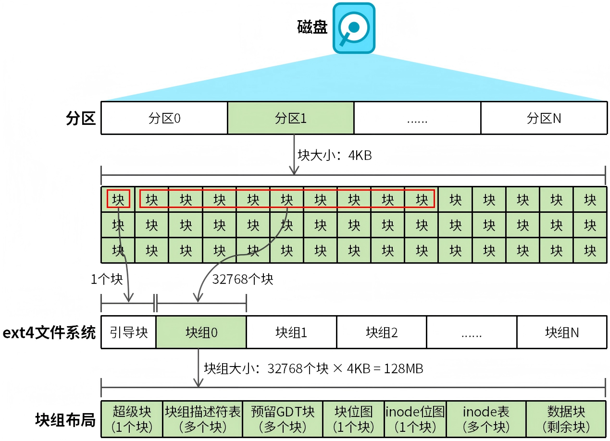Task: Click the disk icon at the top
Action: click(354, 28)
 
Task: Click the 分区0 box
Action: click(164, 118)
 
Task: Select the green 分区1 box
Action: click(290, 118)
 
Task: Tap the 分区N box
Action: click(543, 118)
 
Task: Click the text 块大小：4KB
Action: click(335, 155)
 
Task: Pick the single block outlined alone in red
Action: click(118, 199)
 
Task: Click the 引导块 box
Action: click(128, 332)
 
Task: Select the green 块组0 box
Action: click(201, 332)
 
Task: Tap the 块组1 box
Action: click(291, 332)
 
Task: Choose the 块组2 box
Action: click(381, 332)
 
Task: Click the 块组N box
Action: click(561, 332)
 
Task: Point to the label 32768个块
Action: click(243, 279)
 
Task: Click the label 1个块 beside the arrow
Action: click(107, 279)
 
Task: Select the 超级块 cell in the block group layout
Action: click(132, 419)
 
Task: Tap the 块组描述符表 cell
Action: click(202, 419)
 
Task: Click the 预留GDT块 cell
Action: click(282, 419)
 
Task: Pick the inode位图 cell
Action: click(415, 419)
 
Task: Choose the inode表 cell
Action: click(486, 419)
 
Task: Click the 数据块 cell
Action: click(565, 419)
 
